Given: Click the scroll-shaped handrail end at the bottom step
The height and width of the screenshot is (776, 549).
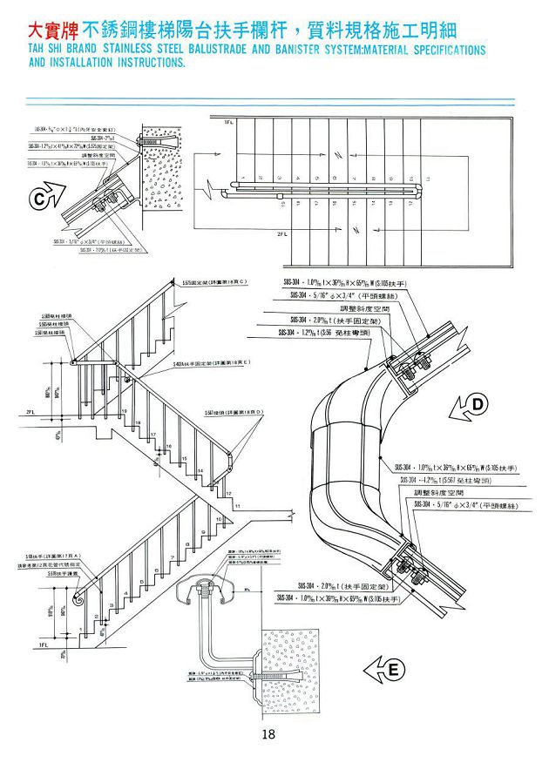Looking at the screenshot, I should (x=78, y=600).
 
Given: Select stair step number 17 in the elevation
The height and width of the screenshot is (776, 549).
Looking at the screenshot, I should (x=153, y=433).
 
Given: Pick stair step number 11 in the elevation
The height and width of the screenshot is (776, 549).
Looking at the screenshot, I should (x=237, y=504).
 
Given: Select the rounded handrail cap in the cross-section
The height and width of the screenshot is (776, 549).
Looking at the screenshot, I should (x=207, y=586).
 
